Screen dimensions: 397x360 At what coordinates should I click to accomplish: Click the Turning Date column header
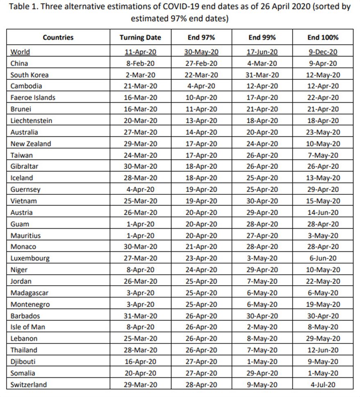point(140,37)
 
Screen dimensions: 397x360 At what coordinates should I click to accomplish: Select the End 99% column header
point(262,37)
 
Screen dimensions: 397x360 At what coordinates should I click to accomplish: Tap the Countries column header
point(58,37)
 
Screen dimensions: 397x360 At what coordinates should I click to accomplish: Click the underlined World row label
point(20,52)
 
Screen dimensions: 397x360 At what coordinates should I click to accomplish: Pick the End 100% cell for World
point(323,52)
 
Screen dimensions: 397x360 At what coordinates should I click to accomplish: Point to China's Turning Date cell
point(140,63)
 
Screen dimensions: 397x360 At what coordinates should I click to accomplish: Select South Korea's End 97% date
point(201,75)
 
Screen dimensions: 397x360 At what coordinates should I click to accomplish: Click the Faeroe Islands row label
point(33,98)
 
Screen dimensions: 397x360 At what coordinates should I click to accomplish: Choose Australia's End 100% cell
point(323,132)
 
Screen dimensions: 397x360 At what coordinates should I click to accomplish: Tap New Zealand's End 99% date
point(262,144)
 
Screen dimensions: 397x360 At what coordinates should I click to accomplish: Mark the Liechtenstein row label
point(31,121)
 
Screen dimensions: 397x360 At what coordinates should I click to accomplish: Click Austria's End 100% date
point(323,212)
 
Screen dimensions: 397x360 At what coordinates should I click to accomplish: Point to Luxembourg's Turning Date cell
point(140,258)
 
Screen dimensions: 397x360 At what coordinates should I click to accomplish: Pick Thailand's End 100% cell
point(323,350)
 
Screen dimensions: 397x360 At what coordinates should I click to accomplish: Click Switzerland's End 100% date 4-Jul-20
point(323,384)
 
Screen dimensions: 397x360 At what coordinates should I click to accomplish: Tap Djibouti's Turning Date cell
point(140,361)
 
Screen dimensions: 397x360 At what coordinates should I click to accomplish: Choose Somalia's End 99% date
point(262,373)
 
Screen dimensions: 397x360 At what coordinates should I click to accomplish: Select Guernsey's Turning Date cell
point(140,189)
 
